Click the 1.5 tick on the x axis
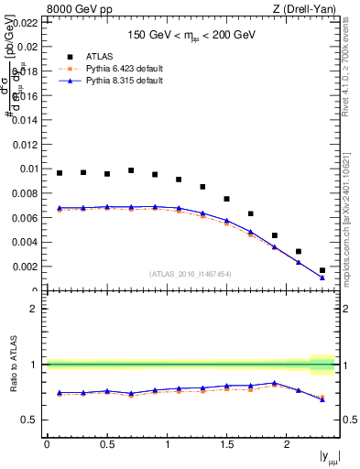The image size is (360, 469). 226,444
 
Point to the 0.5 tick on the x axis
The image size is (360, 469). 106,444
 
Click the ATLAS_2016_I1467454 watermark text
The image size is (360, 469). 190,274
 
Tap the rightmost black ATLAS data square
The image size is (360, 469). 322,270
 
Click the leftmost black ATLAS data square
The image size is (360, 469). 60,172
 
